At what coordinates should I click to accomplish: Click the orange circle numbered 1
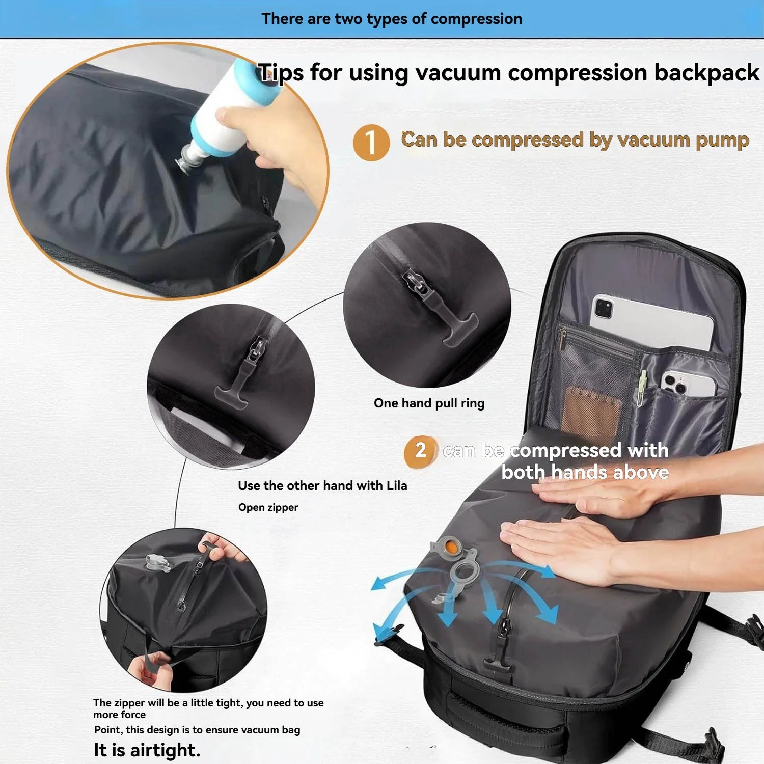[x=371, y=143]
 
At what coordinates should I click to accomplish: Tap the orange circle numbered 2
[x=420, y=451]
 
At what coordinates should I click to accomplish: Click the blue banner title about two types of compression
[x=391, y=19]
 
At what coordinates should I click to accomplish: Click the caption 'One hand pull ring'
[x=429, y=403]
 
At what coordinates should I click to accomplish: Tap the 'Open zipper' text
[x=268, y=507]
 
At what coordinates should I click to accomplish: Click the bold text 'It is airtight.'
[x=147, y=750]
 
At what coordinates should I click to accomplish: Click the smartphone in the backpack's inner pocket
[x=688, y=385]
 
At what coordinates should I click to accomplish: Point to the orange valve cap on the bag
[x=450, y=548]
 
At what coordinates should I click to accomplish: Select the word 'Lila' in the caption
[x=396, y=486]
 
